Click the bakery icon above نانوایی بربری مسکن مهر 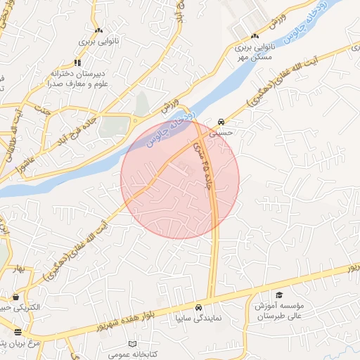pyautogui.click(x=255, y=36)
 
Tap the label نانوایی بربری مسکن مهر pyautogui.click(x=253, y=54)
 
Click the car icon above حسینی pyautogui.click(x=221, y=120)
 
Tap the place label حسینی pyautogui.click(x=229, y=131)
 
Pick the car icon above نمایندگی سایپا pyautogui.click(x=199, y=307)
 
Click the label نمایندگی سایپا pyautogui.click(x=198, y=319)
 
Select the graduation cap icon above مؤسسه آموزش pyautogui.click(x=279, y=295)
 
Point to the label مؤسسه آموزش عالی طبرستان pyautogui.click(x=282, y=311)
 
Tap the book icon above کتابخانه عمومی pyautogui.click(x=132, y=344)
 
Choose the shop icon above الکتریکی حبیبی pyautogui.click(x=15, y=297)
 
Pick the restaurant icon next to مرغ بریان pyautogui.click(x=18, y=331)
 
